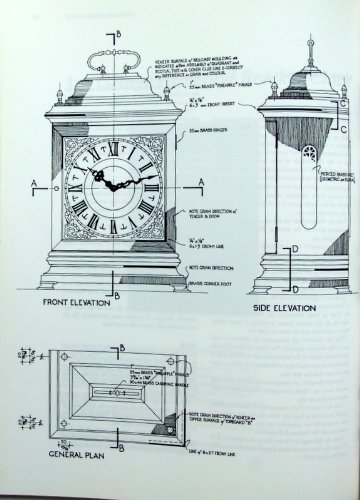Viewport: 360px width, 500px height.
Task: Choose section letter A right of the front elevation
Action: click(201, 181)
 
